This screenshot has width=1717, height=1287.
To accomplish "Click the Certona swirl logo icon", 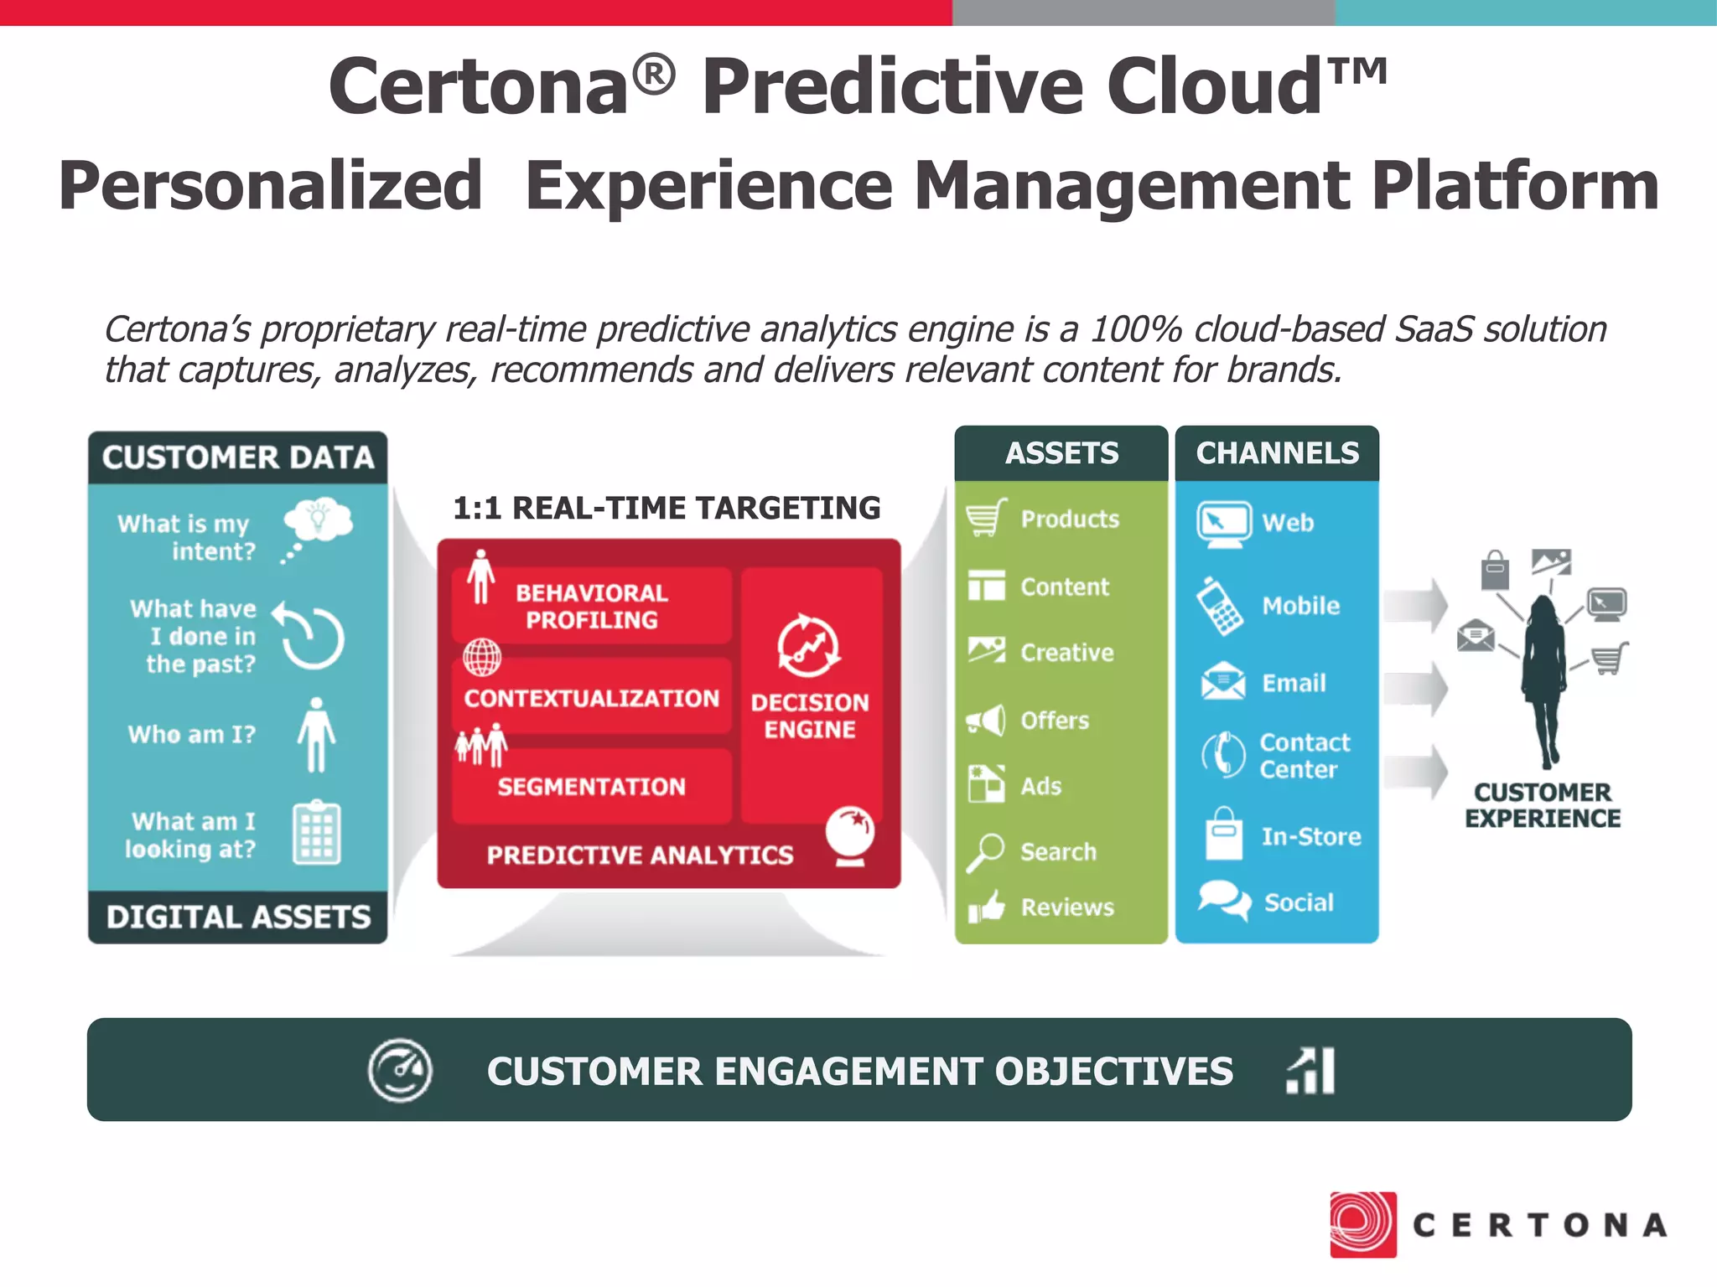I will tap(1362, 1224).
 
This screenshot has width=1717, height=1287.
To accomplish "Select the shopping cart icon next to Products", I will tap(986, 518).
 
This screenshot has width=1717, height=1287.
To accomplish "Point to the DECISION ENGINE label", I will tap(810, 716).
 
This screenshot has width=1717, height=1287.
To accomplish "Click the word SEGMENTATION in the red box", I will tap(592, 786).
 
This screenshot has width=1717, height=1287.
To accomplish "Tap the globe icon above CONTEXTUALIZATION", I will tap(482, 657).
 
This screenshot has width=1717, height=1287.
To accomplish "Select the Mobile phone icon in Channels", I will tap(1220, 606).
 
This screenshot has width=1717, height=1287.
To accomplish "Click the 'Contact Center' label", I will tap(1304, 755).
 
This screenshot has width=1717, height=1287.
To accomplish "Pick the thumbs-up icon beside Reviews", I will tap(986, 906).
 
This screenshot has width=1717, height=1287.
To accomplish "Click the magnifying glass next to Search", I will tap(985, 852).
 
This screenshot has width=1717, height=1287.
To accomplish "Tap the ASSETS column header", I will tap(1061, 453).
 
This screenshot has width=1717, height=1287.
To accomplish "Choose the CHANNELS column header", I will tap(1277, 453).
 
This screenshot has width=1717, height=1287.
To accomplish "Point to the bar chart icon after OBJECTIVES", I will tap(1311, 1070).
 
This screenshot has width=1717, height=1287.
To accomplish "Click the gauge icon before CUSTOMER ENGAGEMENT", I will tap(400, 1070).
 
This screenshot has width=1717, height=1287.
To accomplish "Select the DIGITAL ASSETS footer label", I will tap(238, 917).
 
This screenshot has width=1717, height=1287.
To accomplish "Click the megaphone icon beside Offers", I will tap(986, 720).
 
